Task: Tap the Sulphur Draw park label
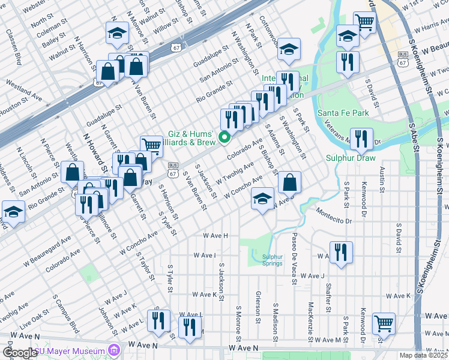pos(351,158)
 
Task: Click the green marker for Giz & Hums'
pos(225,137)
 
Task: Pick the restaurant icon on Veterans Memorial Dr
pos(361,139)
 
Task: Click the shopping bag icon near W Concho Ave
pos(289,182)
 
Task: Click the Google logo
pos(20,353)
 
